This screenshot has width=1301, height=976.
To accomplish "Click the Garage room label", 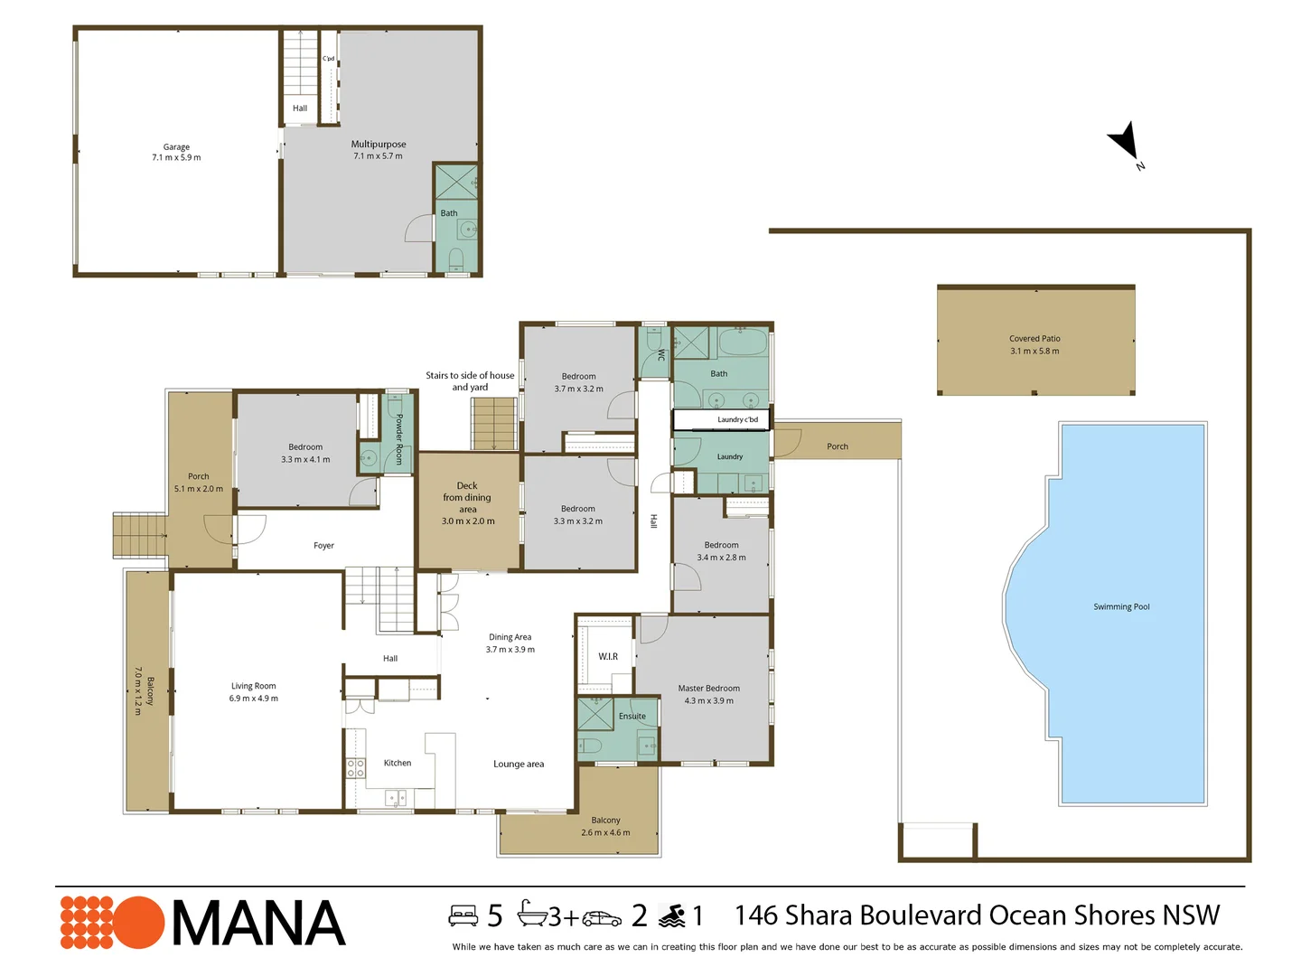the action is click(x=176, y=147).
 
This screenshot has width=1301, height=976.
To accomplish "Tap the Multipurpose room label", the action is click(x=379, y=144).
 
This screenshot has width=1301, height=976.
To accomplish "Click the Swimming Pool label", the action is click(x=1121, y=606).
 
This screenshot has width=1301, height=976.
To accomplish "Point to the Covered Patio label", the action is click(x=1034, y=338).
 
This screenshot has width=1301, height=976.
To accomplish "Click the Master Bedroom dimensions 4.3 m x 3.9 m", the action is click(x=708, y=700).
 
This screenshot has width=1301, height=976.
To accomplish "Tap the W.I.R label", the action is click(x=607, y=656).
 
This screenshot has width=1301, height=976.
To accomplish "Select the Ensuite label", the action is click(x=632, y=716).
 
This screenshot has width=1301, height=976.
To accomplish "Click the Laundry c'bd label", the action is click(x=737, y=419).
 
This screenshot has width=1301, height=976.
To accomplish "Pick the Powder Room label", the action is click(x=399, y=438).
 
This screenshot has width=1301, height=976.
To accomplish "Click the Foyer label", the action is click(x=323, y=545).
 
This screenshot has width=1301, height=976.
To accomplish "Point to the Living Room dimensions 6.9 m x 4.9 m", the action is click(x=253, y=698).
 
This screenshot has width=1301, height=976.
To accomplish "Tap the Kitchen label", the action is click(x=398, y=763).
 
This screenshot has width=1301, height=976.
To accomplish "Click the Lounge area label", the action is click(x=518, y=764).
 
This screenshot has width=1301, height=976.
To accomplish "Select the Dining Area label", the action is click(x=510, y=637).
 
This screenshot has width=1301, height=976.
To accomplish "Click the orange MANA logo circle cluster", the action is click(x=112, y=922).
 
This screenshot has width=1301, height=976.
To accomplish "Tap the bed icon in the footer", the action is click(x=463, y=915).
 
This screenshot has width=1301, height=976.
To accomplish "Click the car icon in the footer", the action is click(x=602, y=918).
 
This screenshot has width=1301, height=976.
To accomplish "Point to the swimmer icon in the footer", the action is click(x=671, y=916).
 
